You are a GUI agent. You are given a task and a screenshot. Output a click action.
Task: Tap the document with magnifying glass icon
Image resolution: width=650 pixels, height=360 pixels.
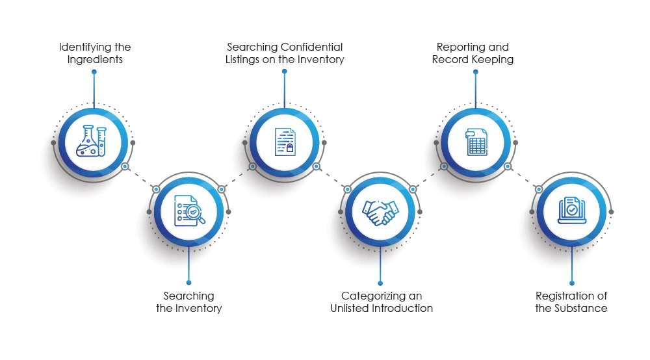pyautogui.click(x=188, y=211)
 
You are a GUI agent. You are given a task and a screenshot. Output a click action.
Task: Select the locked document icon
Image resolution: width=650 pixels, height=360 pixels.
pyautogui.click(x=284, y=142)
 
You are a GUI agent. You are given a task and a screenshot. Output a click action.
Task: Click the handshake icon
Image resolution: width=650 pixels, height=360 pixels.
pyautogui.click(x=380, y=211)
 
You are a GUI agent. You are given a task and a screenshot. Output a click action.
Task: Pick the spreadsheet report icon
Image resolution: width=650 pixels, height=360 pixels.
pyautogui.click(x=476, y=142)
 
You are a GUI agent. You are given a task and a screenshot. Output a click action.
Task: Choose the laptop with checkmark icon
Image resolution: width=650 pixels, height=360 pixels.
pyautogui.click(x=571, y=211)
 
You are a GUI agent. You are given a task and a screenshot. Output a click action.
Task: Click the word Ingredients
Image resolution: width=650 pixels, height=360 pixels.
pyautogui.click(x=95, y=59)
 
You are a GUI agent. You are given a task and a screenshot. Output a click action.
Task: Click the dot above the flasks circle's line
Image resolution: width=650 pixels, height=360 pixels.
pyautogui.click(x=94, y=71)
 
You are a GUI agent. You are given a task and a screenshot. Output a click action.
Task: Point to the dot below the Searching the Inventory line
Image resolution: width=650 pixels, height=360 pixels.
pyautogui.click(x=188, y=282)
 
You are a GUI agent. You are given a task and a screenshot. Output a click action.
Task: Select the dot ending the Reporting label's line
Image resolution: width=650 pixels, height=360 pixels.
pyautogui.click(x=476, y=71)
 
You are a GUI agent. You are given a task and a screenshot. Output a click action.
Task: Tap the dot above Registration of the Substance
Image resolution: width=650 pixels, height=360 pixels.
pyautogui.click(x=571, y=282)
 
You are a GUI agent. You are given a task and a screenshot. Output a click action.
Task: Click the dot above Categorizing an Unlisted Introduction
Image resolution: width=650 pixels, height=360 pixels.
pyautogui.click(x=380, y=282)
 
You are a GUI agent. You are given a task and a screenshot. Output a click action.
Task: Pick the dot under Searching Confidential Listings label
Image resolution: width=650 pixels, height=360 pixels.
pyautogui.click(x=284, y=71)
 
